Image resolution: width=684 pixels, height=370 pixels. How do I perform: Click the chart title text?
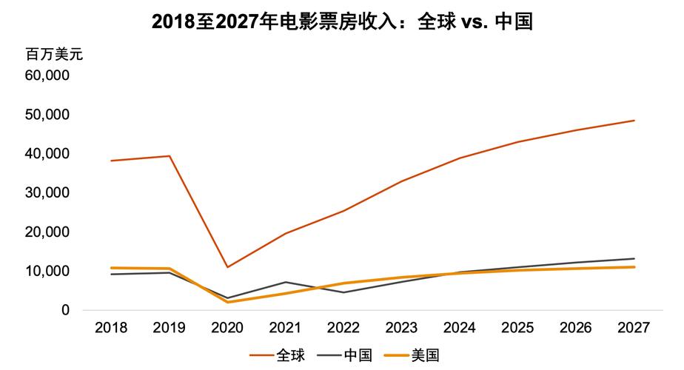point(342,21)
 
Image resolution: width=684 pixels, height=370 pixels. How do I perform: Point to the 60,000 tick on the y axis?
point(48,75)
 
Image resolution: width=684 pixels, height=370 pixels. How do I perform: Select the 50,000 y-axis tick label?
point(48,115)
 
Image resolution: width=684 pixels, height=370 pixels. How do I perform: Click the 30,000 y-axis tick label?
point(48,192)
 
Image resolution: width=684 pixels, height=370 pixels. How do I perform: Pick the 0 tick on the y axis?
point(65,310)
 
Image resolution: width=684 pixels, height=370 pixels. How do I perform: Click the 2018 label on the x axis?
point(110,328)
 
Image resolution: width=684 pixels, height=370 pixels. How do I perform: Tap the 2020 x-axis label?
point(227,328)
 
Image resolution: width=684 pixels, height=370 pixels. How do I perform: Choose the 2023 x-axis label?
point(402,328)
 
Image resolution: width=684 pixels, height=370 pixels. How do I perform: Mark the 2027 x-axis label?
point(634,328)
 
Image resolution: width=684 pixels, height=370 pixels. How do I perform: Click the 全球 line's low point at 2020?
point(227,267)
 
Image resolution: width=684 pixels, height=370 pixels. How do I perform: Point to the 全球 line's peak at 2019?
point(169,156)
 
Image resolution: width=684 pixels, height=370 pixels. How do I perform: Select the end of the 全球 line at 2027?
point(634,121)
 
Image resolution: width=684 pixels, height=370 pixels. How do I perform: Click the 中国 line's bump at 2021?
point(286,282)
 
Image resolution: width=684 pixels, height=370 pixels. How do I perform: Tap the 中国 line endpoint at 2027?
point(634,259)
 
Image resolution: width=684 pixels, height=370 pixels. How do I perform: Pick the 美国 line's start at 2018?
point(110,268)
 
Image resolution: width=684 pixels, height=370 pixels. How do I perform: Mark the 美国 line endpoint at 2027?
point(634,267)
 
